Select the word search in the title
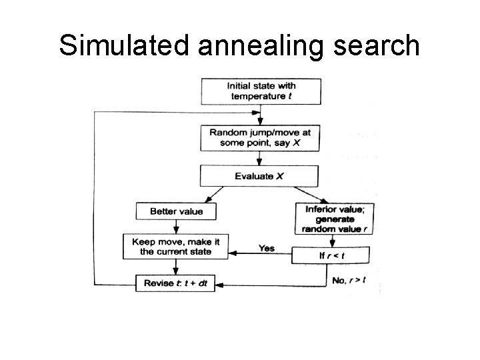tap(379, 45)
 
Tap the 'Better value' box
tap(176, 212)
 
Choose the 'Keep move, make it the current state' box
tap(176, 246)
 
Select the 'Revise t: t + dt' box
tap(176, 283)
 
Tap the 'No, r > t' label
tap(348, 280)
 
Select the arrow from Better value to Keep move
tap(175, 226)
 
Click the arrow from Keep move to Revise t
tap(175, 267)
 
